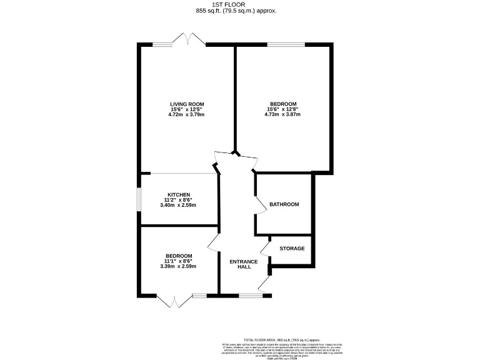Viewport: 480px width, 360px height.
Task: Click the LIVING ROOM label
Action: point(187,104)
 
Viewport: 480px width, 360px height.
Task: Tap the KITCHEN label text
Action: point(178,195)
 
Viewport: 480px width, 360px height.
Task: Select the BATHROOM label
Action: point(284,204)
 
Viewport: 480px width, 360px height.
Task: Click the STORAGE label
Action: point(292,249)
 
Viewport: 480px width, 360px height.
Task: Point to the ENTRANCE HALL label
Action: point(240,264)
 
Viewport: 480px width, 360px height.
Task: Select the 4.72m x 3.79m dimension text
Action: point(187,115)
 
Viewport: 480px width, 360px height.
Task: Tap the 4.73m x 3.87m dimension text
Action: point(282,115)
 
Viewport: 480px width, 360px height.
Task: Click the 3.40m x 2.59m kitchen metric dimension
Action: point(178,205)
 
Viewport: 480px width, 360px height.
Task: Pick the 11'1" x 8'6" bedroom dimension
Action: point(178,261)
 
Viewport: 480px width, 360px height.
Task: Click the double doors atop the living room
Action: point(189,40)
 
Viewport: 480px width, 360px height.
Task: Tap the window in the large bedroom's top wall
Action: point(286,44)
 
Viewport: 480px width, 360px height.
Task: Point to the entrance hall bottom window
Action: point(251,295)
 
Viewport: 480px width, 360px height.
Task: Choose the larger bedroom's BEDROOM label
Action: point(282,104)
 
